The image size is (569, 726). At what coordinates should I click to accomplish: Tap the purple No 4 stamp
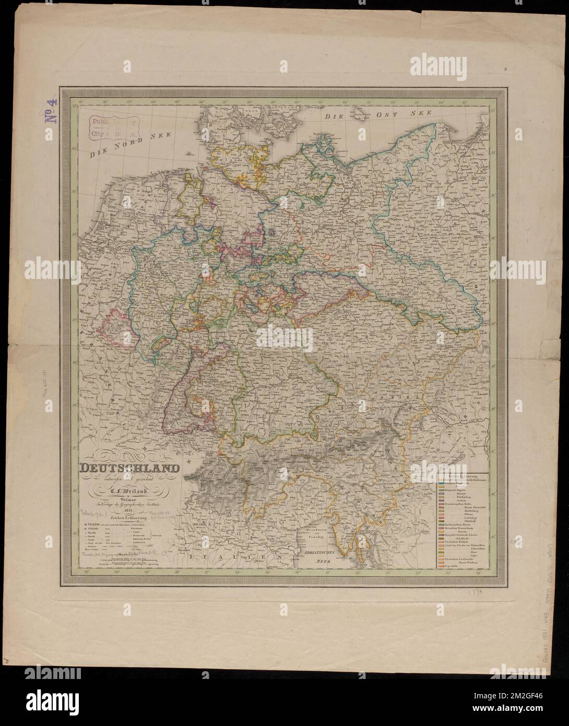(53, 111)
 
